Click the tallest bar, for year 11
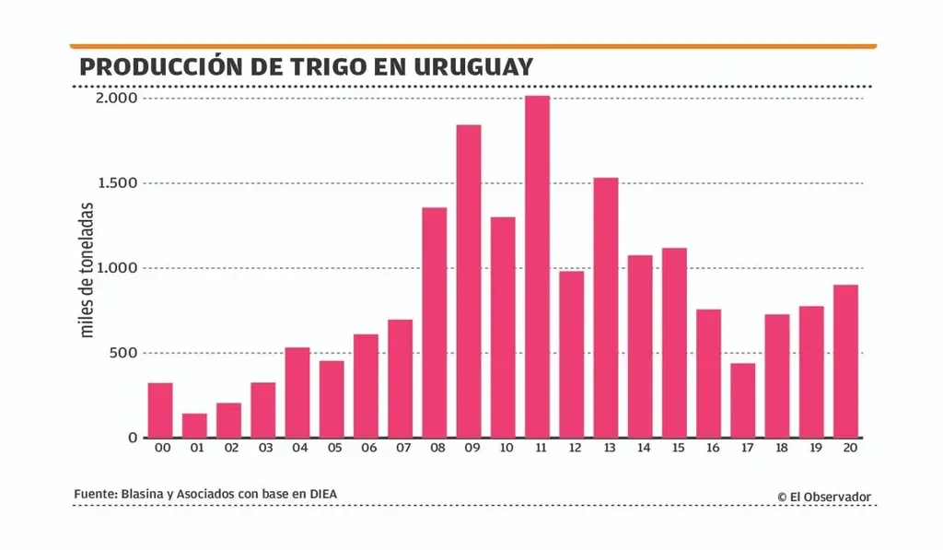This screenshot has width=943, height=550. [538, 267]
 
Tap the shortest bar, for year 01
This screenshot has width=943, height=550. [194, 426]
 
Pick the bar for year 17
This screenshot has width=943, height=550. [743, 401]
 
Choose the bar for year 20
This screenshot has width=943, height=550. [845, 361]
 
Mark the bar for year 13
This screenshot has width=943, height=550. [606, 308]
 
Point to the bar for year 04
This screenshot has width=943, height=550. [297, 392]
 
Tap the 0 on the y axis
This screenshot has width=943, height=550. [132, 438]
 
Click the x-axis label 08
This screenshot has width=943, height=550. [435, 449]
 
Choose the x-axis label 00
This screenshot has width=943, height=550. [160, 449]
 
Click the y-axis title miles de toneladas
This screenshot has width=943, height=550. [88, 270]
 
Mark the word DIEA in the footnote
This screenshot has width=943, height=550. [321, 495]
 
